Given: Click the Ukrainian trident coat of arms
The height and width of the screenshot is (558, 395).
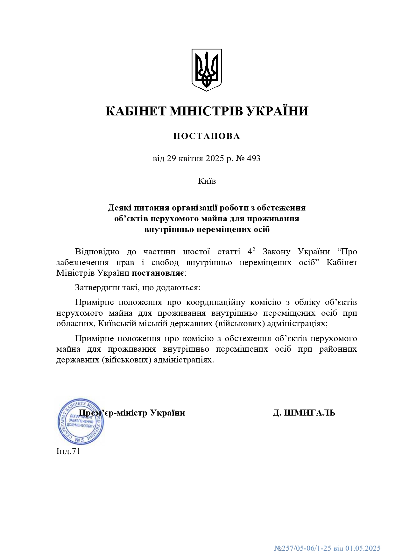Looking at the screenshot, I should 206,70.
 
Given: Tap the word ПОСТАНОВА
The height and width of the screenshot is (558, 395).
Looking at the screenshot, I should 207,136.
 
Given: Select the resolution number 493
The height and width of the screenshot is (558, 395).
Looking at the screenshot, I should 253,158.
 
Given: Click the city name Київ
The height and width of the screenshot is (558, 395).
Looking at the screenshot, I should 207,181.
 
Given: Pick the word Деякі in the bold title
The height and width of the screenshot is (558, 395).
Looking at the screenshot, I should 119,208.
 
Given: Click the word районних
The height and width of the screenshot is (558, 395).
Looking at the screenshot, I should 338,349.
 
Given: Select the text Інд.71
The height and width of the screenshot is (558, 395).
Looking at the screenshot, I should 68,451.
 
